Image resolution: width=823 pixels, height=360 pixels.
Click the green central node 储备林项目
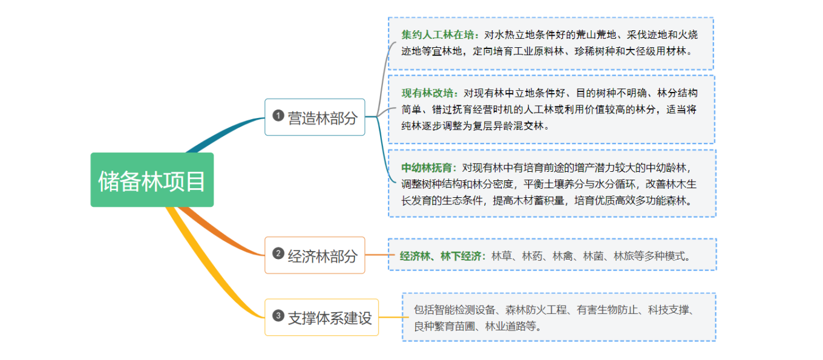(x=152, y=180)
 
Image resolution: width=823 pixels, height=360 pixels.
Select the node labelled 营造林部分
(x=315, y=117)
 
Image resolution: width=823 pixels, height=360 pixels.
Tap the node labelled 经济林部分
(x=315, y=255)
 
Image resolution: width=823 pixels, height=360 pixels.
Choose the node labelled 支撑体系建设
(x=321, y=317)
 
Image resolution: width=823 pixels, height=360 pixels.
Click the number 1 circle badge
(x=278, y=116)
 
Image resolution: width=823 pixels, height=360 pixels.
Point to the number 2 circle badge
(x=278, y=254)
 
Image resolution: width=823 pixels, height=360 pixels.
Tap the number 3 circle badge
(x=278, y=316)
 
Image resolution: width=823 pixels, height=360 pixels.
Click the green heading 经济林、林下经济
(x=441, y=256)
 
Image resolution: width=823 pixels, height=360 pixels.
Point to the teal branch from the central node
(x=224, y=130)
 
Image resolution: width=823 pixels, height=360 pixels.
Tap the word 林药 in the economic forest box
(x=532, y=256)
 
